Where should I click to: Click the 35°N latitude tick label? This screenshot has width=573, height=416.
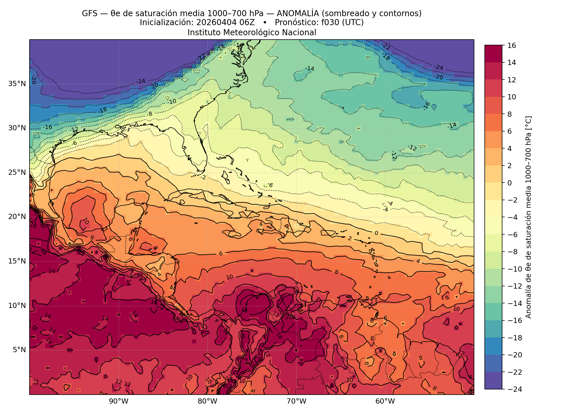[17, 84]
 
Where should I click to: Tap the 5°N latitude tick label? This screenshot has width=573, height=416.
[19, 350]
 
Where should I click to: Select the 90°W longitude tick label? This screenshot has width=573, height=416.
[119, 402]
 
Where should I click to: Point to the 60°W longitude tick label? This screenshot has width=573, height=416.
[385, 402]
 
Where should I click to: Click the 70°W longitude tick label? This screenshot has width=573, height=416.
[296, 402]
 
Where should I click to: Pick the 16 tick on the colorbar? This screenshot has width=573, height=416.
[511, 45]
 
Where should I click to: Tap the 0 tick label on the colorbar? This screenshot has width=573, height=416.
[510, 183]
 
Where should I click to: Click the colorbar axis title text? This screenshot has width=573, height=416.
[528, 217]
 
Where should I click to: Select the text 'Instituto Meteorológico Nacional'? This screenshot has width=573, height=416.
[252, 32]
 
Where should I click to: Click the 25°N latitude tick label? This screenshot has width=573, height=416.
[17, 173]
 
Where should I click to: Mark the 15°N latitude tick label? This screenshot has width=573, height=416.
[17, 261]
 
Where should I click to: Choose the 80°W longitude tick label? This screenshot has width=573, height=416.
[207, 402]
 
